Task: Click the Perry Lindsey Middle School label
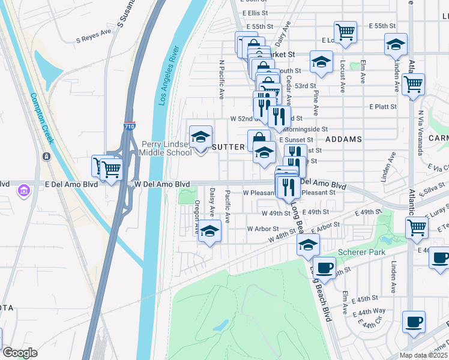tap(166, 148)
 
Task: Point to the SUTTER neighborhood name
tap(228, 147)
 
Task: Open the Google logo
tap(20, 353)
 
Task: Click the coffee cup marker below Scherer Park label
tap(325, 268)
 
